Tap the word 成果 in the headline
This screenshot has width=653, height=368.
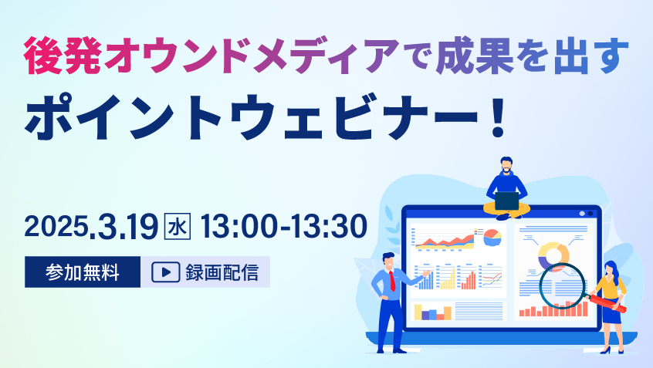[475, 56]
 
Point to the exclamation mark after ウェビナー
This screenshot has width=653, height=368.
[498, 118]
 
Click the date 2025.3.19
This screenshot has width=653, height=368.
[91, 227]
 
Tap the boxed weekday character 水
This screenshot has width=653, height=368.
[178, 227]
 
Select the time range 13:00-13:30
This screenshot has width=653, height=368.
[283, 227]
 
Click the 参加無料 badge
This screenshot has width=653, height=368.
[83, 272]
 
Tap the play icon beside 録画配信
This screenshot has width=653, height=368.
[166, 272]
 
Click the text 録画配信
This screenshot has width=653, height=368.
[222, 272]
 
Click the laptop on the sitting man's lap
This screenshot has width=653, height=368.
[507, 201]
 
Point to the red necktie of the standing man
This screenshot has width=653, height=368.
[392, 281]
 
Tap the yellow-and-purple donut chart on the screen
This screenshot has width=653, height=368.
[553, 257]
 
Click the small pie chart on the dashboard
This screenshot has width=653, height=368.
[492, 238]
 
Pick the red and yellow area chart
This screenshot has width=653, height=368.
[445, 242]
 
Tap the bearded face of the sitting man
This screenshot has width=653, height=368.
[506, 165]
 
